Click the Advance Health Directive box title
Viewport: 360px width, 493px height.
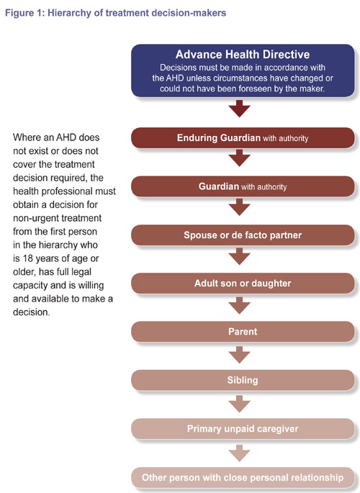point(243,55)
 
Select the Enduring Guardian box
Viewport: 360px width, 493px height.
point(243,137)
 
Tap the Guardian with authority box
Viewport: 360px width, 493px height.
point(243,186)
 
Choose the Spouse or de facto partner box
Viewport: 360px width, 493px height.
point(243,235)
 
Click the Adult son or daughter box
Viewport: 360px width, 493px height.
point(243,284)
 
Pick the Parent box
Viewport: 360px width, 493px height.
point(243,332)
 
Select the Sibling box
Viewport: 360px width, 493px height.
point(243,380)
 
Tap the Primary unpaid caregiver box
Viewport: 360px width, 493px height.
point(243,429)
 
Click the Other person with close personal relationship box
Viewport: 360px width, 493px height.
point(243,478)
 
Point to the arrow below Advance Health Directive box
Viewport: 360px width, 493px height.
point(240,109)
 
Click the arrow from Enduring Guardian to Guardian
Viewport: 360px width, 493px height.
point(240,158)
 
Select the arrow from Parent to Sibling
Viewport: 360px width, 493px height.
point(240,355)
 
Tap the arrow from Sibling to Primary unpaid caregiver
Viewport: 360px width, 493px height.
point(240,404)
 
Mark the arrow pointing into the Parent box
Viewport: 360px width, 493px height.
point(240,306)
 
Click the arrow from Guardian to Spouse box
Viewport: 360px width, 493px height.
point(240,207)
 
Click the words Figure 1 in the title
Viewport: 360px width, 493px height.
point(24,13)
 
